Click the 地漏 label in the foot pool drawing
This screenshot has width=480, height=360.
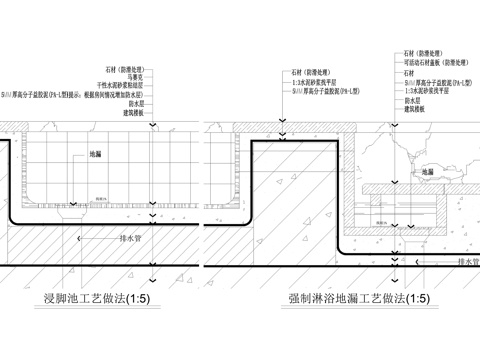pyautogui.click(x=95, y=155)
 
